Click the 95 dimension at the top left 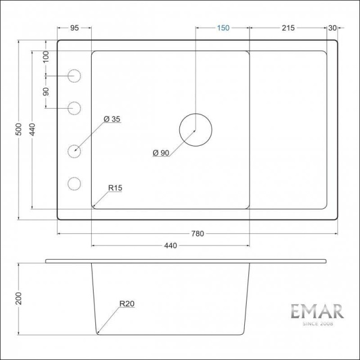point(74,28)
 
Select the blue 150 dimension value point(223,28)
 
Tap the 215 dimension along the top point(287,28)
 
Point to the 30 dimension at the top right point(332,28)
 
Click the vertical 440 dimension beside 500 point(32,129)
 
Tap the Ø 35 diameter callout point(112,119)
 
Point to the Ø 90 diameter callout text point(161,153)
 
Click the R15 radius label point(116,188)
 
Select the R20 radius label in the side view point(127,304)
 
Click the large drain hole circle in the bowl point(196,130)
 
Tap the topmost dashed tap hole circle point(74,76)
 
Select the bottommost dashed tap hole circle point(74,183)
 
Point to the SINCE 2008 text point(317,325)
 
